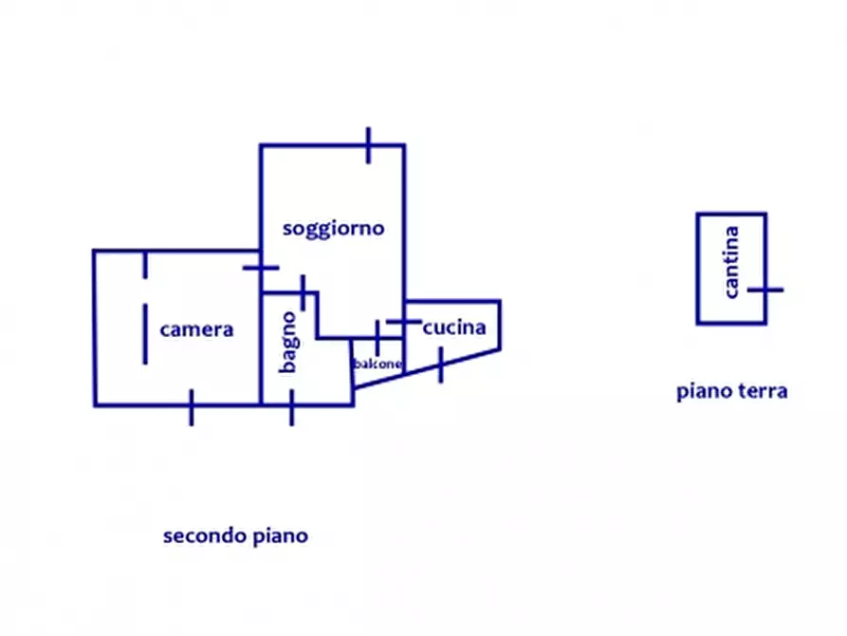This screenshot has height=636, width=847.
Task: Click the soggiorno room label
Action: [x=333, y=229]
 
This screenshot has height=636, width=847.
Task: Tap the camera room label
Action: [x=196, y=329]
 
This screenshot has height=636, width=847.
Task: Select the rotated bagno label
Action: [x=289, y=343]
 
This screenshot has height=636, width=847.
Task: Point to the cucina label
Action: [x=454, y=327]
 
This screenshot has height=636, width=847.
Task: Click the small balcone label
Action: [x=378, y=364]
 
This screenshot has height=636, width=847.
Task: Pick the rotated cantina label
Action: [x=730, y=262]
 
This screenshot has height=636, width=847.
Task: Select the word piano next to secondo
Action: [x=281, y=536]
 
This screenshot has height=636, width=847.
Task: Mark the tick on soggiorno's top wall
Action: [x=368, y=145]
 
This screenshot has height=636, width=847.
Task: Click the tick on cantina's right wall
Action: [x=765, y=290]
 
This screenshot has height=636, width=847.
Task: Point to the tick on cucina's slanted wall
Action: [x=441, y=365]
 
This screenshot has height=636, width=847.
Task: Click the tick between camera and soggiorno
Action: [x=261, y=268]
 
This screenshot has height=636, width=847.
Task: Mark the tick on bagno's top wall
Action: [x=303, y=292]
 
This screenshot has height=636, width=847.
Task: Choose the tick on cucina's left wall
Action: [x=404, y=322]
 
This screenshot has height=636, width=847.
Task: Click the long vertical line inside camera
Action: [x=145, y=334]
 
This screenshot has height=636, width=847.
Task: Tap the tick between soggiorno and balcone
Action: [x=377, y=338]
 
